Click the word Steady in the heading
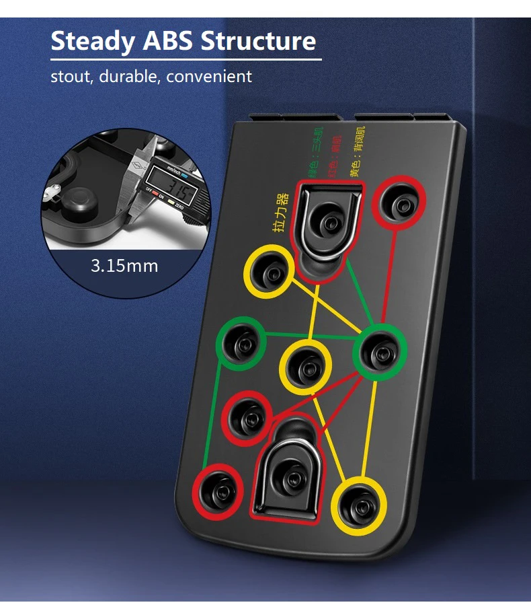[93, 41]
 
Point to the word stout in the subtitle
[71, 76]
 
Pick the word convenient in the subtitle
[209, 76]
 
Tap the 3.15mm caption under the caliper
[124, 265]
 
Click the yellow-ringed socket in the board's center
[306, 367]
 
